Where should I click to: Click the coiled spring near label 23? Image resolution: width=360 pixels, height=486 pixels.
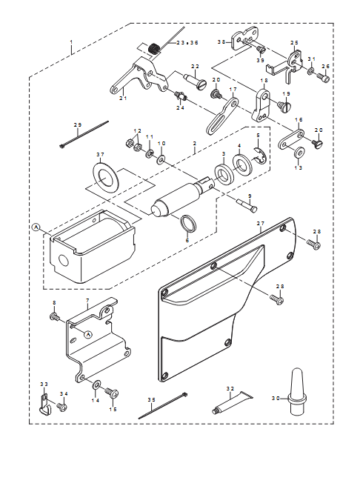pos(153,49)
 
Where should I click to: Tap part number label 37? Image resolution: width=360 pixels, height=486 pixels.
pos(100,154)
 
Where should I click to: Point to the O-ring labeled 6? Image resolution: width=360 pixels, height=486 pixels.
pos(188,223)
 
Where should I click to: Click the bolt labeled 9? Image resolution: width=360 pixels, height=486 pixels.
pos(247,205)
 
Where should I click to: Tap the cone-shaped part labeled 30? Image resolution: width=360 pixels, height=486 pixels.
pos(297,391)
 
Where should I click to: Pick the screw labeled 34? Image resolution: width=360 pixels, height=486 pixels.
pos(62,406)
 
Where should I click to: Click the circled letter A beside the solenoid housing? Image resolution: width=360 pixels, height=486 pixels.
pos(36,227)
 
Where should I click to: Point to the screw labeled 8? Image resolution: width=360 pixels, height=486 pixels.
pos(54,317)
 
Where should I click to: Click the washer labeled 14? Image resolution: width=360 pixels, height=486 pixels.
pos(96,385)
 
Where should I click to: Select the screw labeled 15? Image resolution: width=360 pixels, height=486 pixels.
pos(112,393)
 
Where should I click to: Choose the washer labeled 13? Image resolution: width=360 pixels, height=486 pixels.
pos(299,153)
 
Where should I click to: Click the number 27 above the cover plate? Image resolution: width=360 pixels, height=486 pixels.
pos(260,223)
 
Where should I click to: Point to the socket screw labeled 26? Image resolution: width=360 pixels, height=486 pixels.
pos(323,78)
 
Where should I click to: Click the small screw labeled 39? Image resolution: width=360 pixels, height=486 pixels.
pos(259,50)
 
